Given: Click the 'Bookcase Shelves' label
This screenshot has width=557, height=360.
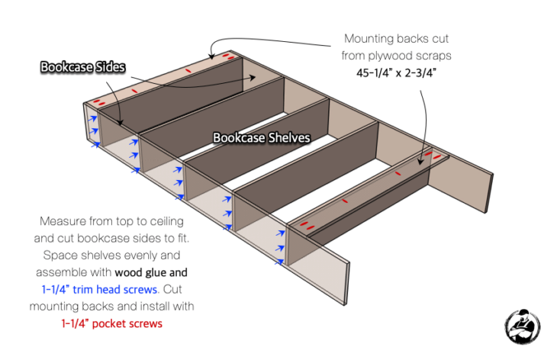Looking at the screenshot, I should tap(262, 138).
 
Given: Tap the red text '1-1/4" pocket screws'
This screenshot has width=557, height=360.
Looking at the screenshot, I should tap(112, 323).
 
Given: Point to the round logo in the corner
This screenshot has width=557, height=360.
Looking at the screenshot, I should tap(523, 325).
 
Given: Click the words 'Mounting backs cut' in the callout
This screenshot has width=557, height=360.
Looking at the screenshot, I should tap(398, 37).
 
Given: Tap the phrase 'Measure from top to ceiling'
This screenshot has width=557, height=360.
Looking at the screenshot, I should tap(112, 222).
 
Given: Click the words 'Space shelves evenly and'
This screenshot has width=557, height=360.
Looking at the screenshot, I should tap(112, 256).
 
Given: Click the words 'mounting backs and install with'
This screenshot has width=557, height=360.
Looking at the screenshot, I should tap(112, 306).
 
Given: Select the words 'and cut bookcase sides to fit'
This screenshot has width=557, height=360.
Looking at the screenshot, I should tap(112, 239).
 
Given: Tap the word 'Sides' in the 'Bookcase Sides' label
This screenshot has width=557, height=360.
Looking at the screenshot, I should tap(109, 68).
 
